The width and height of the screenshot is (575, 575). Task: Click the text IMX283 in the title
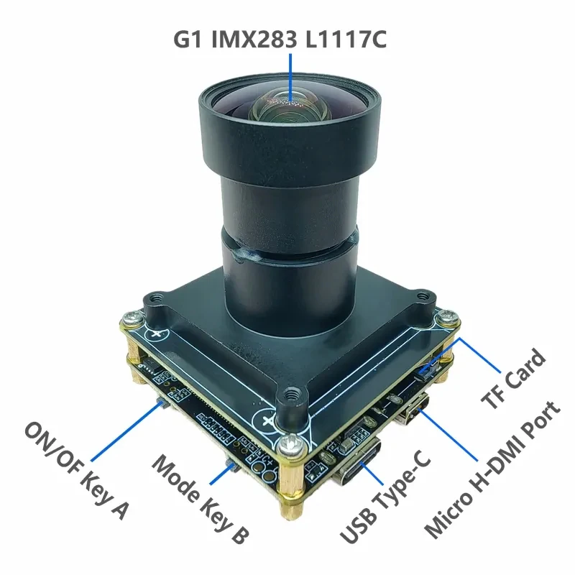(x=254, y=39)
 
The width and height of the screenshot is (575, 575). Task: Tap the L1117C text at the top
(x=346, y=39)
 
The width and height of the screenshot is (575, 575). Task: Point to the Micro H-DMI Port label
(x=492, y=470)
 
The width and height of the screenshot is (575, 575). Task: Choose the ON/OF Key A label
(x=76, y=471)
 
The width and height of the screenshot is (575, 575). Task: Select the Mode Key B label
(x=201, y=499)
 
